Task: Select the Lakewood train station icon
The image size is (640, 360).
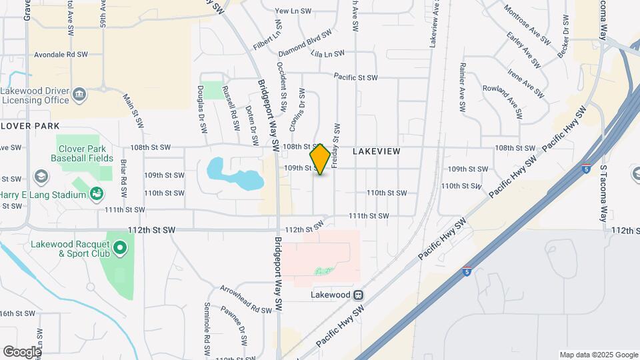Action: tap(359, 294)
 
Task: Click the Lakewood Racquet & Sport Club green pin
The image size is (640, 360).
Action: tap(120, 249)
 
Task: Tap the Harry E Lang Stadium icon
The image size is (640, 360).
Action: tap(97, 194)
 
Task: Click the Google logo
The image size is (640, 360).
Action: tap(21, 351)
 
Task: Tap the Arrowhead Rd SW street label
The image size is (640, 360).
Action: tap(247, 299)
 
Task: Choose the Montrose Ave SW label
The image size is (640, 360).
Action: tap(526, 25)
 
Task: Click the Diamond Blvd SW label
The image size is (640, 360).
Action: tap(305, 43)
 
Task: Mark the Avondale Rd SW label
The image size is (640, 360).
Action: tap(63, 55)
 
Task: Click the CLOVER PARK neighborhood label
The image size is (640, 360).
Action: tap(30, 126)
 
